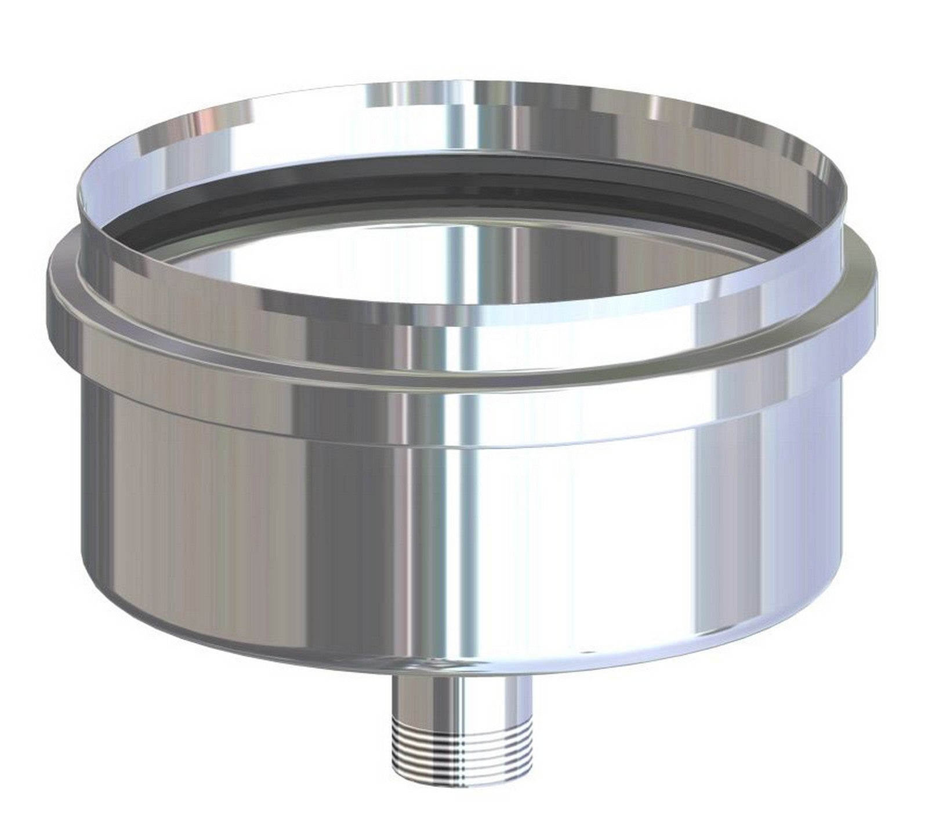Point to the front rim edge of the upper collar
(x=464, y=316)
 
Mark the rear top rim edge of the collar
(x=464, y=83)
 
